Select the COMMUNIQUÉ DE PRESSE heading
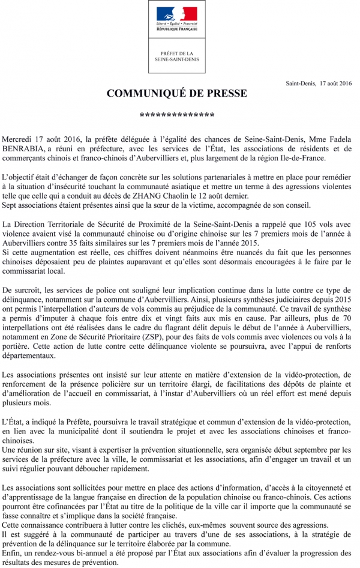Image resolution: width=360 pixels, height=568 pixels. (x=176, y=94)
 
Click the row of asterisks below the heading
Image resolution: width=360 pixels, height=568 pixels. (x=176, y=115)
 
